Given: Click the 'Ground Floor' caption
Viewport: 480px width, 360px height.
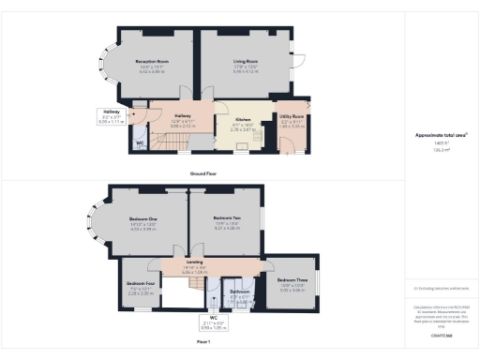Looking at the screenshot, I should [203, 174].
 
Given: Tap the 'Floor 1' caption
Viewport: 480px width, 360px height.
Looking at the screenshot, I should [203, 343].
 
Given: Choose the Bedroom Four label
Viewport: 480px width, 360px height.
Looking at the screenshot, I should [141, 287].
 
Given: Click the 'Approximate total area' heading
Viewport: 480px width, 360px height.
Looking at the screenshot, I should [440, 135].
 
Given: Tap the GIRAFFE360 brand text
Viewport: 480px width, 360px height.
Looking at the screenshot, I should [440, 334].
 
